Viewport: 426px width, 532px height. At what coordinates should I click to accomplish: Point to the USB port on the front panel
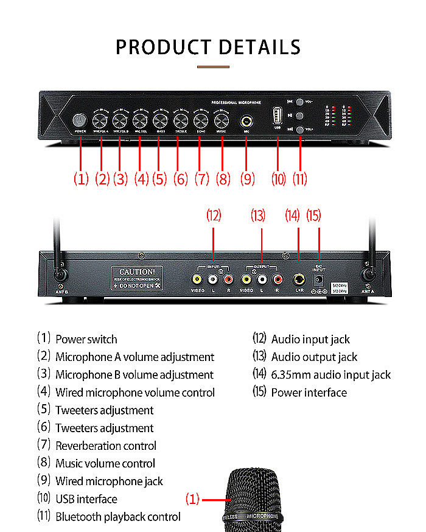coord(278,116)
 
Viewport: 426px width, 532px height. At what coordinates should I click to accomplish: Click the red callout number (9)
coord(247,179)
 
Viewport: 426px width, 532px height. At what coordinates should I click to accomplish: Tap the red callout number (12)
coord(214,215)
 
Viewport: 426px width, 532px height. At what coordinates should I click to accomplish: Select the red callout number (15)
coord(313,215)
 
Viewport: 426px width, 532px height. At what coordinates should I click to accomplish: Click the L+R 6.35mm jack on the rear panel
coord(298,279)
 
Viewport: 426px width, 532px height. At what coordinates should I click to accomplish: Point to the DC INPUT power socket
coord(318,280)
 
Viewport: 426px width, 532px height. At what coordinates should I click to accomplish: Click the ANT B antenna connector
coord(60,275)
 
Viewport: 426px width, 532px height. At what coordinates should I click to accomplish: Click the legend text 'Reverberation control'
coord(106,446)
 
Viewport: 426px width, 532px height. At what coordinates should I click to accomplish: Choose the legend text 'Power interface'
coord(309,393)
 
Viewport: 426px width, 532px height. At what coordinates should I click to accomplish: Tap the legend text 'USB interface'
coord(86,499)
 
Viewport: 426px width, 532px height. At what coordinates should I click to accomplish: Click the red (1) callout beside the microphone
coord(192,499)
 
